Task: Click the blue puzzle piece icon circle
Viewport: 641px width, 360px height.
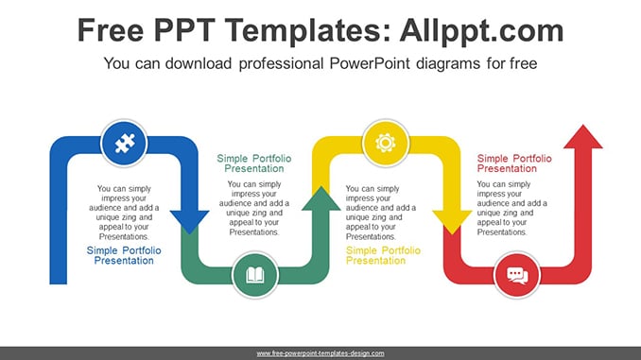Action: tap(124, 143)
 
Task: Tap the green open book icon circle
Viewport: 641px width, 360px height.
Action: tap(255, 275)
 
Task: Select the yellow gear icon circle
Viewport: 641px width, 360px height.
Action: tap(386, 143)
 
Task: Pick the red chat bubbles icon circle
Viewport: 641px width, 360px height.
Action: tap(517, 275)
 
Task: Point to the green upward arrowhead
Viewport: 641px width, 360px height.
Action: tap(320, 199)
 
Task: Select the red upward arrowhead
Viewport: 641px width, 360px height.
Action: tap(583, 137)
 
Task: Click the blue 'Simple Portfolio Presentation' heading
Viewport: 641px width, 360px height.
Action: tap(124, 255)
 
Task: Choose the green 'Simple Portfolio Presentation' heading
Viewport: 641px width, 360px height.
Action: tap(254, 163)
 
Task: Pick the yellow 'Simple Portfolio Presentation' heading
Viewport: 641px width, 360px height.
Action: tap(383, 255)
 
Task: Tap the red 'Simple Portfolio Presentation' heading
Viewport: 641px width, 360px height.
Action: tap(514, 163)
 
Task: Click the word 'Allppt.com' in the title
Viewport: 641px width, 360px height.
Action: tap(481, 31)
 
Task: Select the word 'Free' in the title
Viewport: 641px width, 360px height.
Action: tap(111, 30)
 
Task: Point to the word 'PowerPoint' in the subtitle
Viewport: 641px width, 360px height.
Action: tap(370, 63)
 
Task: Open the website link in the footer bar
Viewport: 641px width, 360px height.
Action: tap(320, 353)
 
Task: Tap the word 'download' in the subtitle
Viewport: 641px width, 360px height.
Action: tap(199, 63)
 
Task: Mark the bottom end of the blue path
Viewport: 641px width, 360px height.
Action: tap(59, 283)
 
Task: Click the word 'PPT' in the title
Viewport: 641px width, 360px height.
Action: tap(184, 30)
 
